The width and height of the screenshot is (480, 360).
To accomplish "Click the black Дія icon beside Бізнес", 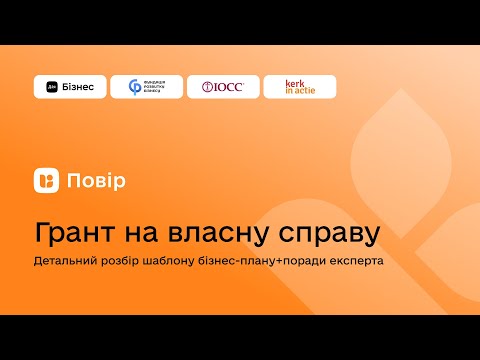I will click(52, 87).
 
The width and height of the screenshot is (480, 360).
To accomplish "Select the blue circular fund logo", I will click(135, 87).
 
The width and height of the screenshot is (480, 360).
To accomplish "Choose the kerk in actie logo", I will click(299, 87).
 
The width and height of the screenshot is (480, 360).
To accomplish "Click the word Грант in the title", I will click(77, 234).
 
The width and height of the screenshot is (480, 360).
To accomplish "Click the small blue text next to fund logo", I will click(159, 87).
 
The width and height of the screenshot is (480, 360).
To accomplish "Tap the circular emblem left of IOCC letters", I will click(206, 87).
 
